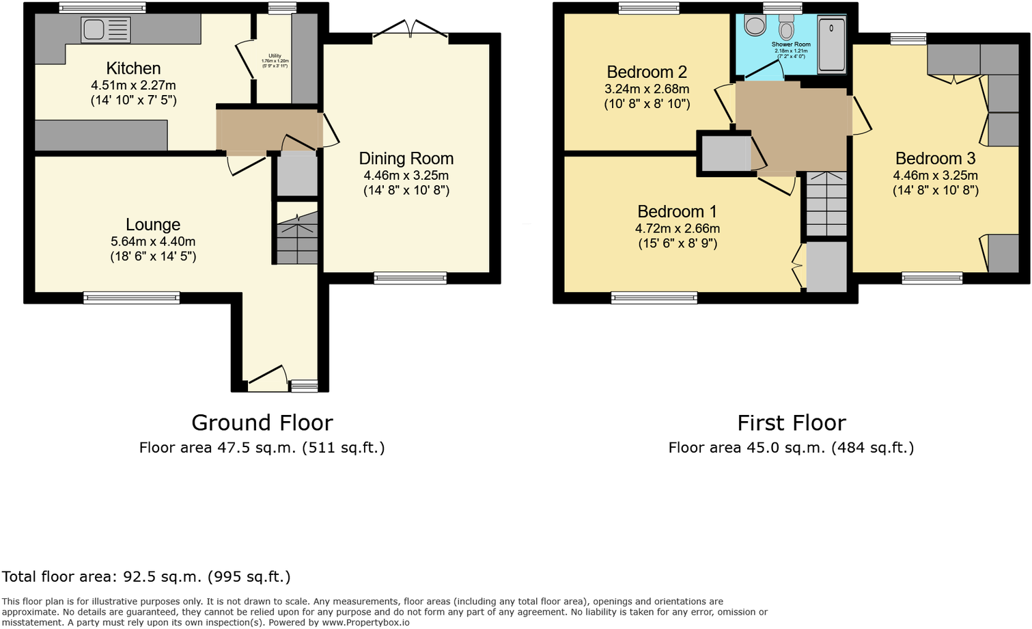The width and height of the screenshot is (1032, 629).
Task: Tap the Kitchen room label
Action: click(x=133, y=68)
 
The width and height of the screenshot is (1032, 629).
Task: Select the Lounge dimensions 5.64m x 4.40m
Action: click(x=153, y=241)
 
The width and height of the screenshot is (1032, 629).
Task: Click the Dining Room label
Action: click(x=406, y=159)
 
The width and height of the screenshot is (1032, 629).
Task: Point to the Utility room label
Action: click(x=275, y=56)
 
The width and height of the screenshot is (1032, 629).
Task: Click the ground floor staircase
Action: click(x=297, y=239)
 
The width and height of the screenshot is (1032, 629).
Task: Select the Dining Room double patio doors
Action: click(x=410, y=29)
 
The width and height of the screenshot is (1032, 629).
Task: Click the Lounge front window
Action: click(x=131, y=297)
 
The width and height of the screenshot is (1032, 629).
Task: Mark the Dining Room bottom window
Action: click(x=410, y=278)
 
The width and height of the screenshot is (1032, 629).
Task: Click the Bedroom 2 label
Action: click(x=647, y=72)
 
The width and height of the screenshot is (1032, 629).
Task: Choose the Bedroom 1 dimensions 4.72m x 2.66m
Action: click(x=678, y=228)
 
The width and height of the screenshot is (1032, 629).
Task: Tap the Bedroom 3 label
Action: click(x=935, y=159)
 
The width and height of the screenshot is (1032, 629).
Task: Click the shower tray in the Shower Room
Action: click(x=831, y=45)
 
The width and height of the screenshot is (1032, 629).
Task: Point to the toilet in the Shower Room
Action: click(x=787, y=28)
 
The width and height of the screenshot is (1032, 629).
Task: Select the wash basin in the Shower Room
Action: click(x=755, y=26)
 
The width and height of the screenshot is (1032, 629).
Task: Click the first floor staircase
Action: click(x=826, y=203)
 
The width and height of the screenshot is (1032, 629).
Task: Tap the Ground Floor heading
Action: click(x=262, y=423)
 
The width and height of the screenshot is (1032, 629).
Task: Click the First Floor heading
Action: click(x=791, y=423)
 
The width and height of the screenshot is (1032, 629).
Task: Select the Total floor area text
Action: click(x=146, y=576)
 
